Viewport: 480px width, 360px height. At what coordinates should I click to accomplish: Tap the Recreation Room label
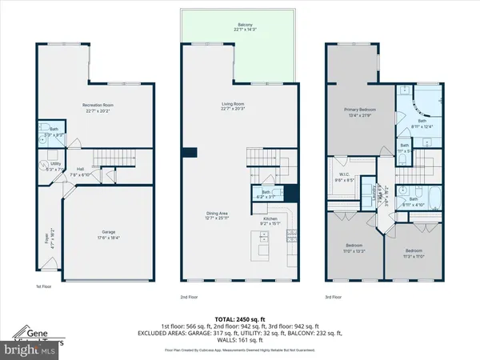pyautogui.click(x=101, y=107)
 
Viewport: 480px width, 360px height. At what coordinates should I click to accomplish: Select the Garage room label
pyautogui.click(x=101, y=234)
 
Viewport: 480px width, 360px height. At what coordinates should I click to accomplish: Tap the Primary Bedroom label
pyautogui.click(x=361, y=111)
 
